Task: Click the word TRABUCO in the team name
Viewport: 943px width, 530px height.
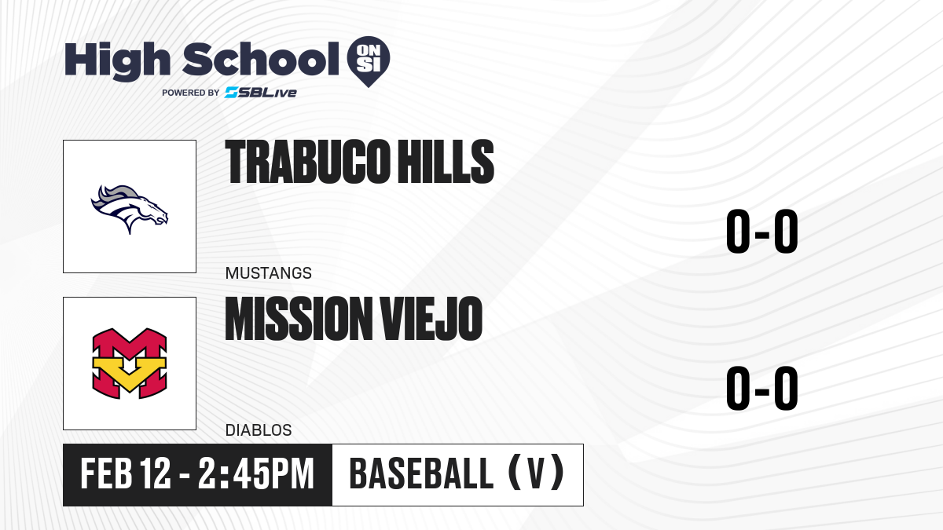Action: pyautogui.click(x=307, y=162)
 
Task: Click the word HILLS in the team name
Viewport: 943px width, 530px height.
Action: pyautogui.click(x=446, y=162)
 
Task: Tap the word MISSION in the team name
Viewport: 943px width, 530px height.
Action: pyautogui.click(x=299, y=319)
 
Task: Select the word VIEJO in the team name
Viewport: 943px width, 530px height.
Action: pyautogui.click(x=431, y=319)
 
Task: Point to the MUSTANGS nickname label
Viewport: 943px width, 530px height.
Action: pyautogui.click(x=269, y=273)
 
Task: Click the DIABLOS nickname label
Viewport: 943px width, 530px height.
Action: pyautogui.click(x=259, y=430)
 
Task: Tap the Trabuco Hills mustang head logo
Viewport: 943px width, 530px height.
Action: pyautogui.click(x=130, y=209)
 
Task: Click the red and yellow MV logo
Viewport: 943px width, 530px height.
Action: pyautogui.click(x=130, y=364)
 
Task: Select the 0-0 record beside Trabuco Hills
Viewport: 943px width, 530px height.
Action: pyautogui.click(x=762, y=232)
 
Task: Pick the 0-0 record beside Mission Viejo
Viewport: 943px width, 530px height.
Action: pyautogui.click(x=762, y=388)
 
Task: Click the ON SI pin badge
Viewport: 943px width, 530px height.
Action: pyautogui.click(x=369, y=61)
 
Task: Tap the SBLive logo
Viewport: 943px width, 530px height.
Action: pyautogui.click(x=261, y=93)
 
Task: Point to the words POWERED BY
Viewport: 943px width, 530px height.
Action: pyautogui.click(x=191, y=93)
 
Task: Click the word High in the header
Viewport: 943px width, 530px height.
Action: pyautogui.click(x=118, y=61)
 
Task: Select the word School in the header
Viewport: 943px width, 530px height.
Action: pyautogui.click(x=261, y=59)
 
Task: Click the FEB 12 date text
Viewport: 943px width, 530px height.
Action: pyautogui.click(x=126, y=474)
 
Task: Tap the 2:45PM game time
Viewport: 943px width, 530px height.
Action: pyautogui.click(x=256, y=474)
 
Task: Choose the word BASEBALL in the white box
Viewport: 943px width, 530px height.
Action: pyautogui.click(x=421, y=474)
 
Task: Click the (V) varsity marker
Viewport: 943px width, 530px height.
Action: pyautogui.click(x=536, y=474)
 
